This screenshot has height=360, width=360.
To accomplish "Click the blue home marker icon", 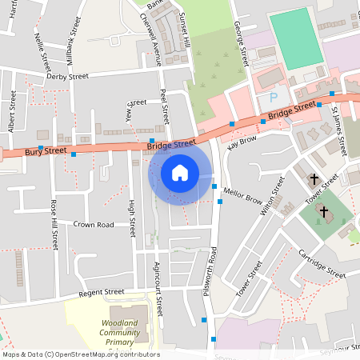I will point(179,172).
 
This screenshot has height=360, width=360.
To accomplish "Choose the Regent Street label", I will point(102,293).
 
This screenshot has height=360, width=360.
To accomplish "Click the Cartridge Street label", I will point(320,262).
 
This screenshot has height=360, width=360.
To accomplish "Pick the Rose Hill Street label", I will point(55,225).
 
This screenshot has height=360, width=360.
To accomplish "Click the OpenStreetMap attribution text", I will point(80,354).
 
